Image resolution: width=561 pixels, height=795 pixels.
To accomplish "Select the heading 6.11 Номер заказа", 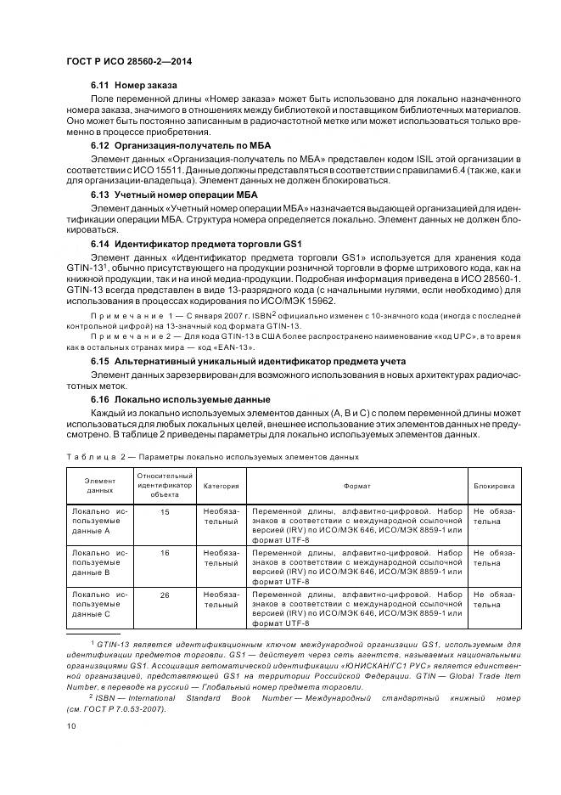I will pyautogui.click(x=134, y=86).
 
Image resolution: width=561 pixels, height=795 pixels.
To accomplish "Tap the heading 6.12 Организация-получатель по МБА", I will pyautogui.click(x=169, y=146).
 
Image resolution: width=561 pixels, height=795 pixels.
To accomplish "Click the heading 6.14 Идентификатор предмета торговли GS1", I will pyautogui.click(x=179, y=244).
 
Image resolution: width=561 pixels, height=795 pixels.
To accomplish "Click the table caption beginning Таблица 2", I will pyautogui.click(x=212, y=456).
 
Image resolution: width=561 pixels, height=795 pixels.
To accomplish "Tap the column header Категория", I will pyautogui.click(x=221, y=486).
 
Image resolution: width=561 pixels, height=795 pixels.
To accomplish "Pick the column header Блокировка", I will pyautogui.click(x=495, y=486).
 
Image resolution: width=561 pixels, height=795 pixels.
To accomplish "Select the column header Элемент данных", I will pyautogui.click(x=100, y=486).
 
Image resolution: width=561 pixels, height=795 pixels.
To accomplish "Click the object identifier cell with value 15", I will pyautogui.click(x=165, y=512).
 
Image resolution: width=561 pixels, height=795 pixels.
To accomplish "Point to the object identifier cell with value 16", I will pyautogui.click(x=165, y=553).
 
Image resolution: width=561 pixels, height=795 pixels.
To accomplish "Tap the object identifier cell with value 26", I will pyautogui.click(x=165, y=595).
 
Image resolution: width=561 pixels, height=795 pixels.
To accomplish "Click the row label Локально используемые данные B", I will pyautogui.click(x=100, y=562).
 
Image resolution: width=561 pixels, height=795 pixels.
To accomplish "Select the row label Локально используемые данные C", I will pyautogui.click(x=100, y=603).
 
